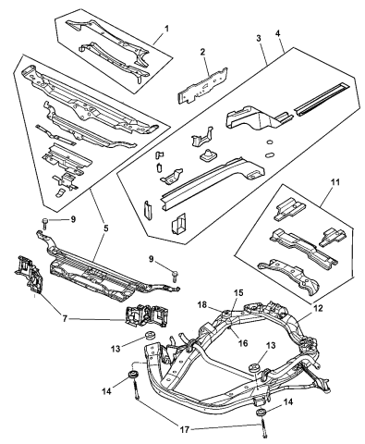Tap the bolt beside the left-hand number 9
coord(43,223)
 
